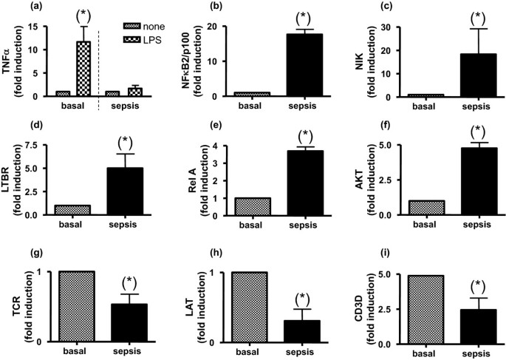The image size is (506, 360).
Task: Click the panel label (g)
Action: pos(29,250)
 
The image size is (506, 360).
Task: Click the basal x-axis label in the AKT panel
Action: pos(408,224)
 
